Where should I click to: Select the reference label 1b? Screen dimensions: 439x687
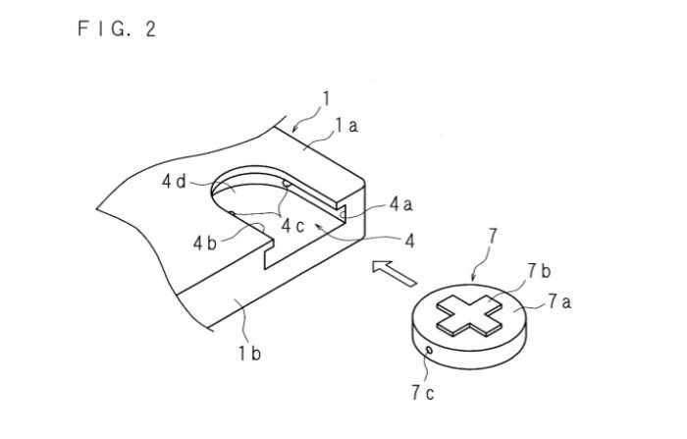(248, 351)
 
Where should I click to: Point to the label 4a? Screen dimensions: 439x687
(400, 204)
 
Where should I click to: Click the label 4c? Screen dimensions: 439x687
(293, 225)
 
